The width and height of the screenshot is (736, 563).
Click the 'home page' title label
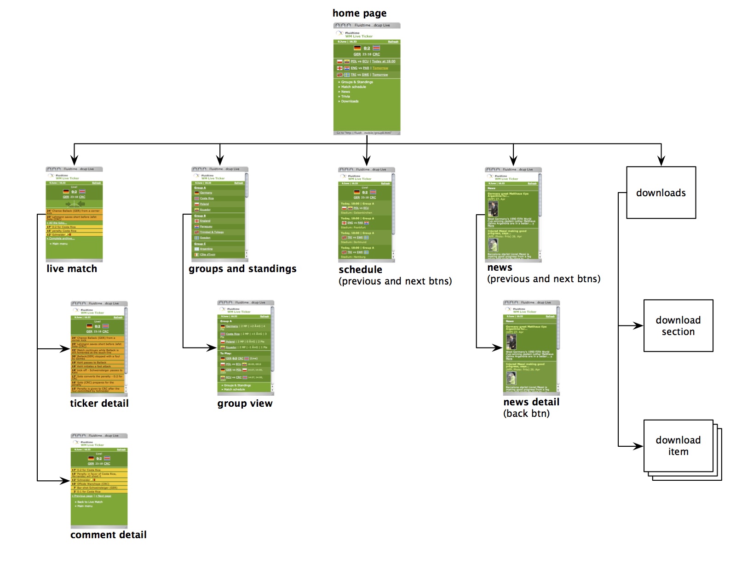point(359,13)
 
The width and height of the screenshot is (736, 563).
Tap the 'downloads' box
point(661,193)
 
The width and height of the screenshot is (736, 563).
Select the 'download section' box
point(678,325)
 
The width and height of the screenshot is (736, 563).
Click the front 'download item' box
point(678,445)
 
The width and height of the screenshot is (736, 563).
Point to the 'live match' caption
point(72,269)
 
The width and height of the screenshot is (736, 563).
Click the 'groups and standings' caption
point(242,269)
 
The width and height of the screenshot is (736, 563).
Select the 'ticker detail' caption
point(99,404)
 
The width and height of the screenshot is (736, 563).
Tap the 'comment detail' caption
point(109,535)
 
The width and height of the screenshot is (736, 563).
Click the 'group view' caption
point(245,404)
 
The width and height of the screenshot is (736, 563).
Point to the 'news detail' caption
point(531,402)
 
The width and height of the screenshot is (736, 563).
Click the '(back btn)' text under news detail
point(526,414)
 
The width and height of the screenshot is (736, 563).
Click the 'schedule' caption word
point(360,270)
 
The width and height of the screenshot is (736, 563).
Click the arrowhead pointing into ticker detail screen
point(65,349)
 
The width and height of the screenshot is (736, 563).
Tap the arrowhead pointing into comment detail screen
point(65,481)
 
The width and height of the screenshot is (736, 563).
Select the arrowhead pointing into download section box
point(638,326)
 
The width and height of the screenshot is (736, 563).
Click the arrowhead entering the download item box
point(638,446)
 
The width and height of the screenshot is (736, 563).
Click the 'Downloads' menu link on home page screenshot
point(350,101)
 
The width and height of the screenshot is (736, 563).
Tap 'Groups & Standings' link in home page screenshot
point(357,82)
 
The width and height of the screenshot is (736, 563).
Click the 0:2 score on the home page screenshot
point(367,48)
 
